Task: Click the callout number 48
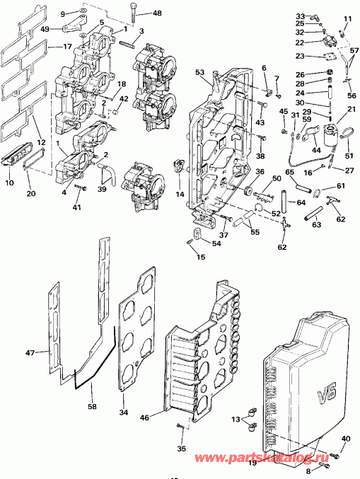pyautogui.click(x=157, y=13)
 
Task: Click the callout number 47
pyautogui.click(x=30, y=353)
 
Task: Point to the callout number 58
pyautogui.click(x=92, y=406)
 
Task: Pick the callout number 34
pyautogui.click(x=123, y=412)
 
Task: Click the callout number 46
pyautogui.click(x=144, y=417)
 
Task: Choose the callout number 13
pyautogui.click(x=236, y=420)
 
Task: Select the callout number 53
pyautogui.click(x=199, y=72)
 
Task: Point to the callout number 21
pyautogui.click(x=352, y=109)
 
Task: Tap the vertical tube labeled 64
pyautogui.click(x=284, y=202)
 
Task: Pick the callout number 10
pyautogui.click(x=9, y=183)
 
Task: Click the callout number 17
pyautogui.click(x=67, y=47)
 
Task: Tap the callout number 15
pyautogui.click(x=201, y=257)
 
